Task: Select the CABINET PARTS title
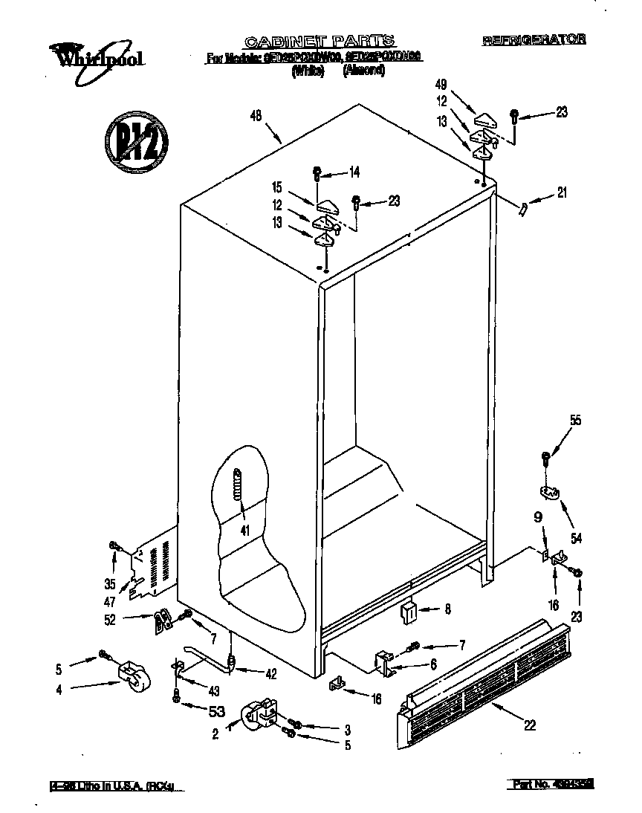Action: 320,41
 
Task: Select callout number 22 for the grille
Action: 529,726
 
